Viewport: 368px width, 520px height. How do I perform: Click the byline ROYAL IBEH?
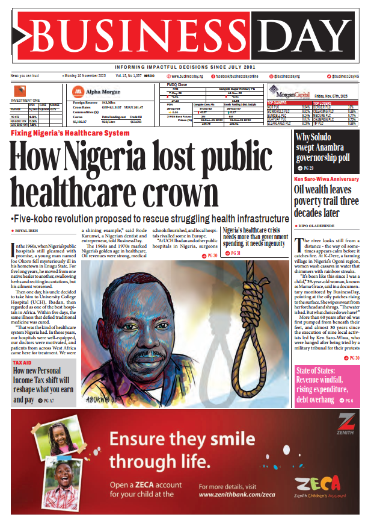click(x=27, y=231)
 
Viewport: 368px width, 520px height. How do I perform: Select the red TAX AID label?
click(x=22, y=362)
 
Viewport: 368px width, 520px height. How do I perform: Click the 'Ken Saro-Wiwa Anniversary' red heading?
click(x=326, y=179)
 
